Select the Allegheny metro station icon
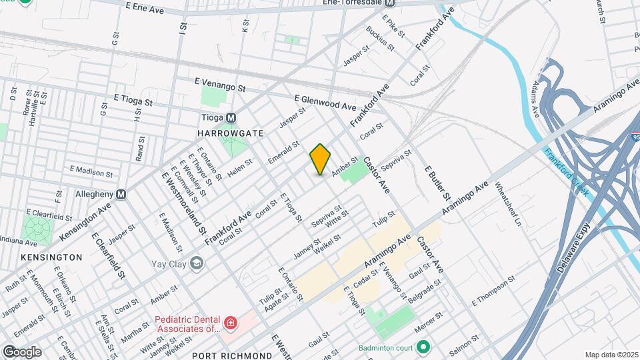click(x=121, y=195)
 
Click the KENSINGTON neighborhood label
click(x=51, y=257)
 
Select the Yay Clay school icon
click(x=197, y=263)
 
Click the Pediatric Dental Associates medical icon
click(x=231, y=324)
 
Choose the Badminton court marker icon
click(x=423, y=347)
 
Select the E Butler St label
click(x=439, y=183)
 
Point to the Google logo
click(x=21, y=351)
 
